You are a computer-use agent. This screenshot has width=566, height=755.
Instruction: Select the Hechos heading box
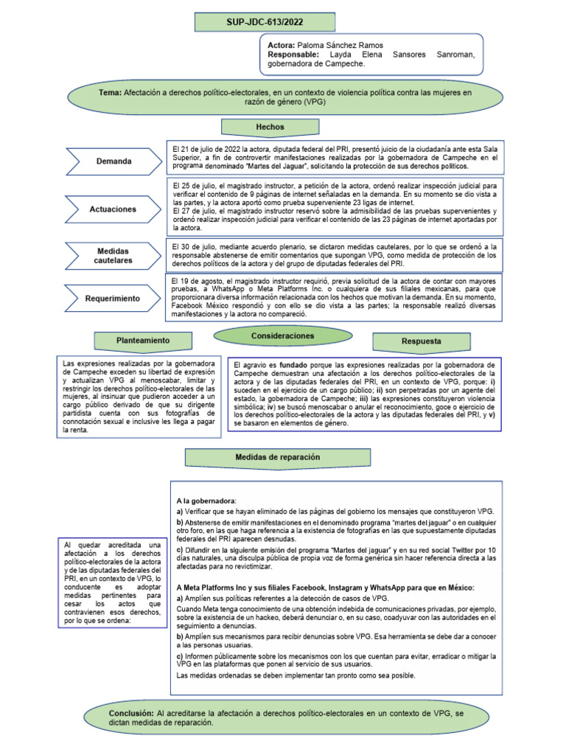(x=270, y=127)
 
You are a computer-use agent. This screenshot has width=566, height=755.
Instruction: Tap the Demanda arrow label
(x=113, y=161)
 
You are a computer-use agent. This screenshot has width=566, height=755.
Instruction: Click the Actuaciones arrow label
(x=113, y=209)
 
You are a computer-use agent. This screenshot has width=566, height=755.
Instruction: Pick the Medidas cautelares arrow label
(x=113, y=256)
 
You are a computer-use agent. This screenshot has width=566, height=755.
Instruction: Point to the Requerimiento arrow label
(x=113, y=299)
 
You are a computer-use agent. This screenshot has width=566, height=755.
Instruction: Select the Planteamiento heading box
(x=143, y=341)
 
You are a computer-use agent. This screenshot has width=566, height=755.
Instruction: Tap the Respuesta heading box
(x=422, y=341)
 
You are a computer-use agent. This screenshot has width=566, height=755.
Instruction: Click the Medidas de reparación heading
(x=278, y=457)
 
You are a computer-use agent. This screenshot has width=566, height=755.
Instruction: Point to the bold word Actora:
(x=282, y=45)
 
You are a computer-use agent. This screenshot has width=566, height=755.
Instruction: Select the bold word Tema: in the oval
(x=110, y=93)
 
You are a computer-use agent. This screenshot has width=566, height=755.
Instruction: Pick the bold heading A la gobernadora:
(x=200, y=501)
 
